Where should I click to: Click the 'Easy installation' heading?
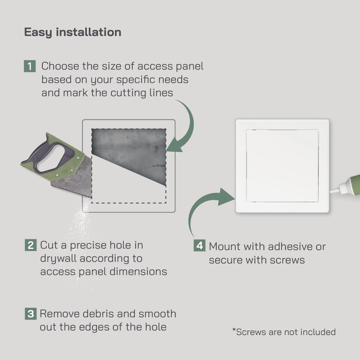(x=72, y=32)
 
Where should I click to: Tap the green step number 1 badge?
(x=29, y=67)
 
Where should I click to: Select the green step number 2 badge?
(x=30, y=246)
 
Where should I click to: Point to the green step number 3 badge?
(x=30, y=314)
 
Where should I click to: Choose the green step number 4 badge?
(x=199, y=246)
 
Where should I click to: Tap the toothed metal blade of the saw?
(x=67, y=182)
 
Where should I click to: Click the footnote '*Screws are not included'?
(x=284, y=332)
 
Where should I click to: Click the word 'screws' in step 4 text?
(x=288, y=260)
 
